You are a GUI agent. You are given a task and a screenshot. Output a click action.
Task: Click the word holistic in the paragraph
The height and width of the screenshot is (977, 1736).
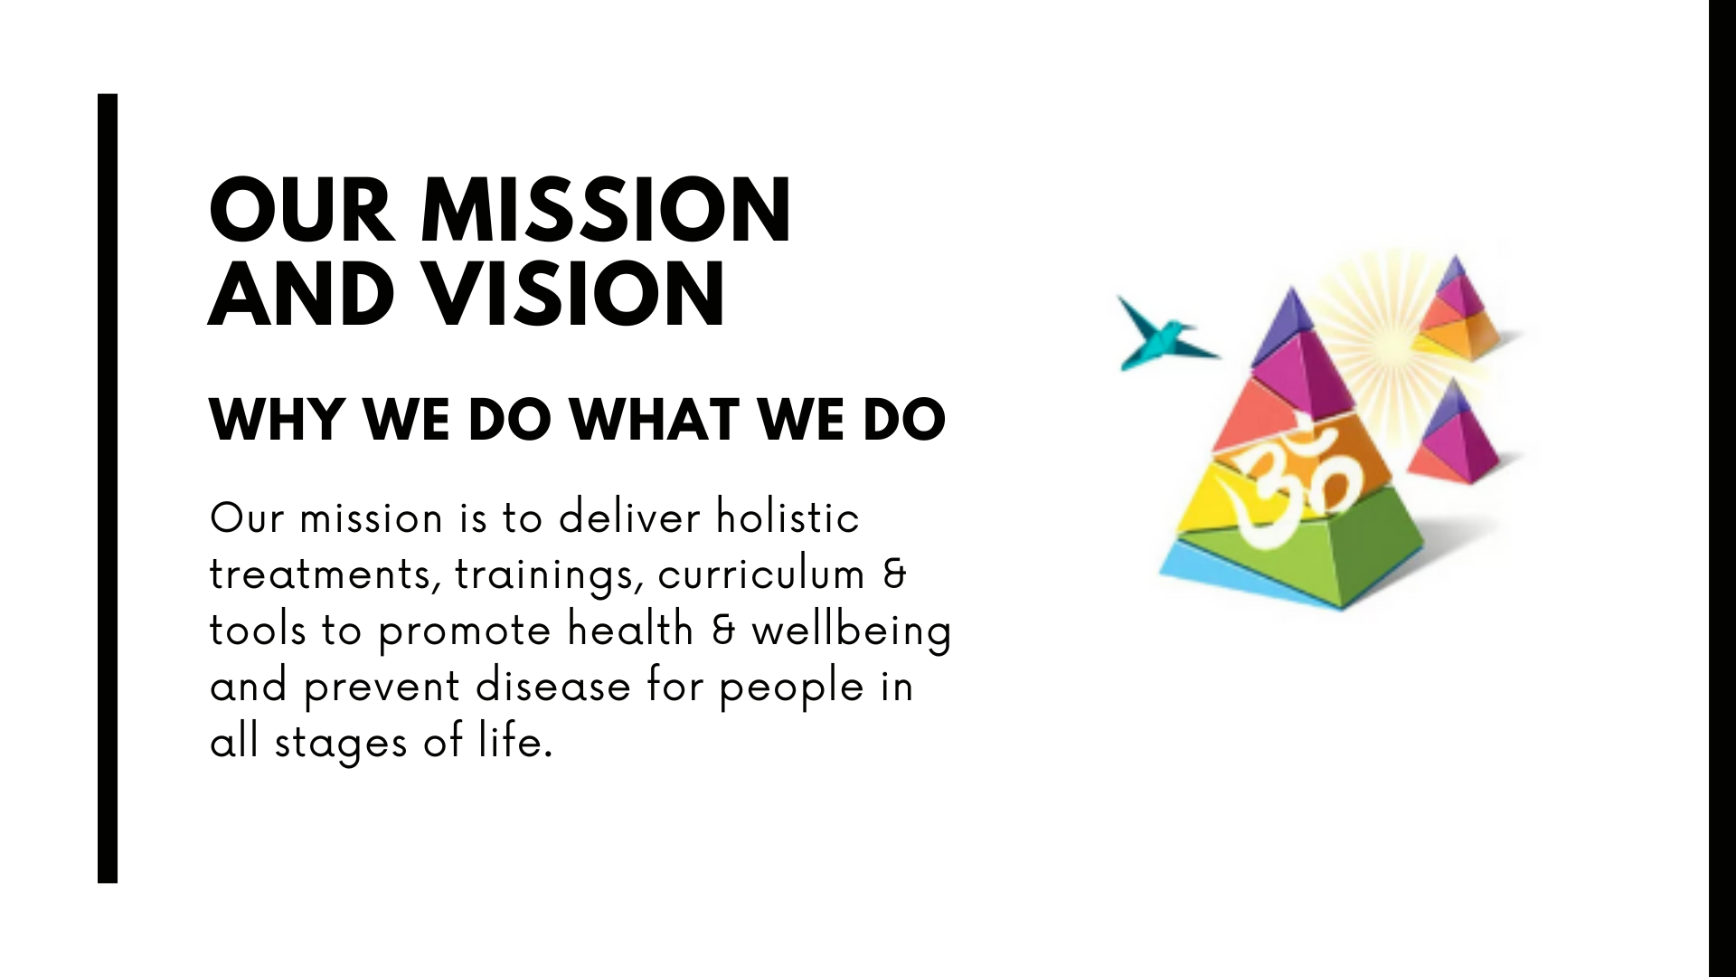pyautogui.click(x=788, y=517)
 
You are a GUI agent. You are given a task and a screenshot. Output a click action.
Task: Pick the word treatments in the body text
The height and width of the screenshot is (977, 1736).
pyautogui.click(x=325, y=575)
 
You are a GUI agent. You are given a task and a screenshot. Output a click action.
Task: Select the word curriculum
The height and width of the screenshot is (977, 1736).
pyautogui.click(x=761, y=574)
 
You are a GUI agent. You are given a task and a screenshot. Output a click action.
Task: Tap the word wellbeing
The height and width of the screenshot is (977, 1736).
pyautogui.click(x=852, y=631)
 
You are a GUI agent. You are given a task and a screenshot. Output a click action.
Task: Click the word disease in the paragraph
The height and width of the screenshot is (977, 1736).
pyautogui.click(x=553, y=686)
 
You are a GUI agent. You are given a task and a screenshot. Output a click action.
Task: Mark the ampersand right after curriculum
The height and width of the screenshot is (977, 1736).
pyautogui.click(x=893, y=575)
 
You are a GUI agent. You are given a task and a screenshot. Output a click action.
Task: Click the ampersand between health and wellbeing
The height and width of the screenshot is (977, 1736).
pyautogui.click(x=723, y=631)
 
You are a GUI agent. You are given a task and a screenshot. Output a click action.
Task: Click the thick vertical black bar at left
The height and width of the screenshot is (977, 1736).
pyautogui.click(x=108, y=488)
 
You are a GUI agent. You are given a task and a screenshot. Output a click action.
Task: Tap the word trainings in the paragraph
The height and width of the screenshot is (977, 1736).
pyautogui.click(x=550, y=575)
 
